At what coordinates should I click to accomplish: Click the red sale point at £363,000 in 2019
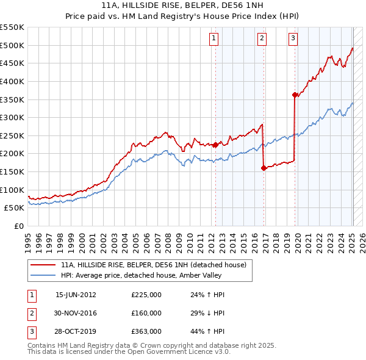point(295,95)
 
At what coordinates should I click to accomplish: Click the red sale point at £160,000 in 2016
point(264,168)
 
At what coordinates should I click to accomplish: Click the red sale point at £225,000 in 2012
point(215,145)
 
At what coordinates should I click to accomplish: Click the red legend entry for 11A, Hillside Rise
point(153,265)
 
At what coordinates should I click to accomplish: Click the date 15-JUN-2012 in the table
point(76,295)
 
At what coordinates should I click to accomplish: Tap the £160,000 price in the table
point(146,313)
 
